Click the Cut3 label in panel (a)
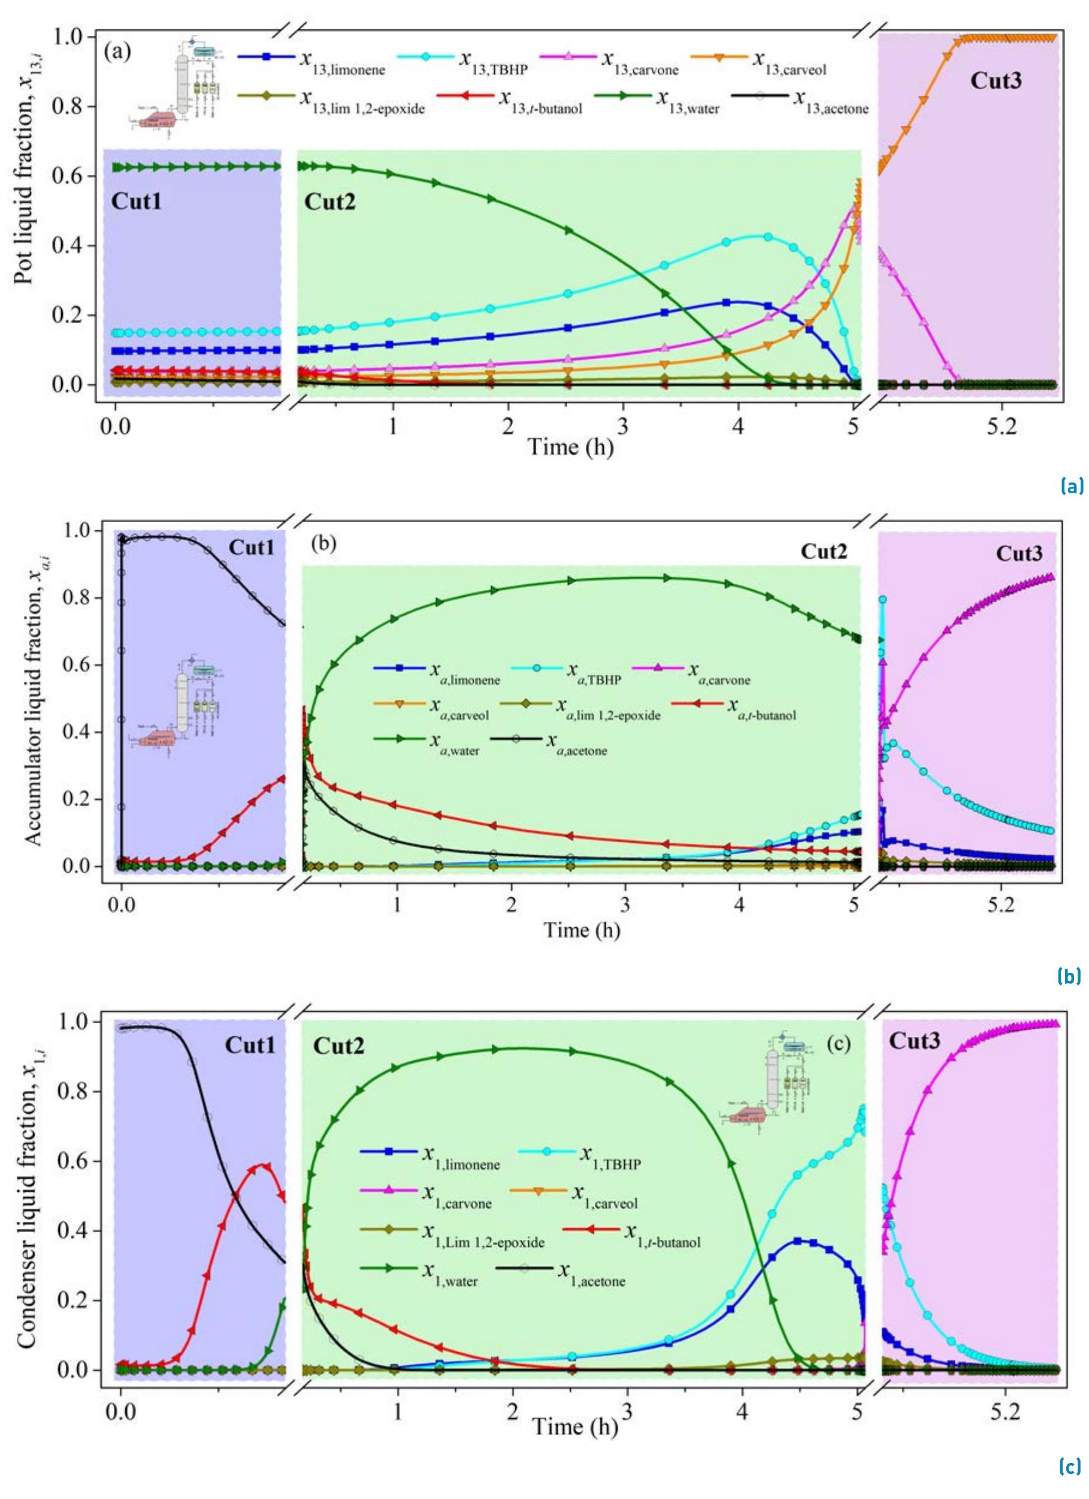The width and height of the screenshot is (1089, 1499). coord(996,81)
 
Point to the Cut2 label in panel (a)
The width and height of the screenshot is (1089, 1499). coord(329,202)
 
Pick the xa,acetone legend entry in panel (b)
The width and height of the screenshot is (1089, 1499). coord(576,745)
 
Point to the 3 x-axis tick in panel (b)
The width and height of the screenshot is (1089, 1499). coord(625,903)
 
